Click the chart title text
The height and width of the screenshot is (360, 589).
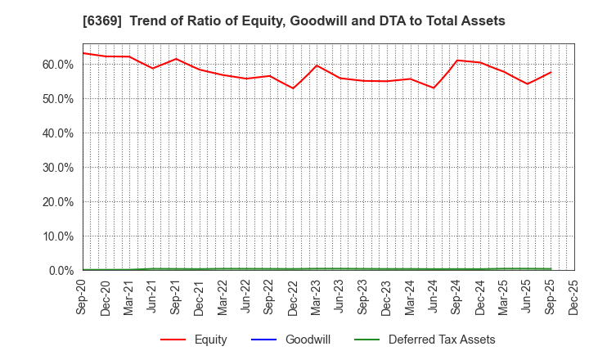point(294,20)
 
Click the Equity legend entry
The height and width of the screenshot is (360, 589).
point(210,340)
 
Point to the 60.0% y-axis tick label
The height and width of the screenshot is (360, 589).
point(60,65)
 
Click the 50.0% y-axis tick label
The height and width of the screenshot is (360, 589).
point(60,99)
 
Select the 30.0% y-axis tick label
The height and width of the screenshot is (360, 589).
point(60,168)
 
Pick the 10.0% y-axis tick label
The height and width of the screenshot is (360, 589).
point(60,236)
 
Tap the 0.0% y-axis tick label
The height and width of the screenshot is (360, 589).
point(62,271)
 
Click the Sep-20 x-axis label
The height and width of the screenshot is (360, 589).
point(83,295)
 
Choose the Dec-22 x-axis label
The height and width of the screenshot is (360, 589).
point(294,295)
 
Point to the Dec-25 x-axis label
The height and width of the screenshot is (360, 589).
point(574,295)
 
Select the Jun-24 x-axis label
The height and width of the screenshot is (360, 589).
point(434,295)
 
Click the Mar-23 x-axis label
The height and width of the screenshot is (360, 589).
point(317,295)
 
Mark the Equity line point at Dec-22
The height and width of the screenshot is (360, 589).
point(293,88)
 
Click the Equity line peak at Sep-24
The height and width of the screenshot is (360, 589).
point(457,61)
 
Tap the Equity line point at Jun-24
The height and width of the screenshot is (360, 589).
point(434,88)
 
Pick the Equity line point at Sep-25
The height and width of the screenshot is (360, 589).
point(551,72)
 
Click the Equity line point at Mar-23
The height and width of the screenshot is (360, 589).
point(317,65)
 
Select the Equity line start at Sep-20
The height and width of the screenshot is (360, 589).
point(83,53)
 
